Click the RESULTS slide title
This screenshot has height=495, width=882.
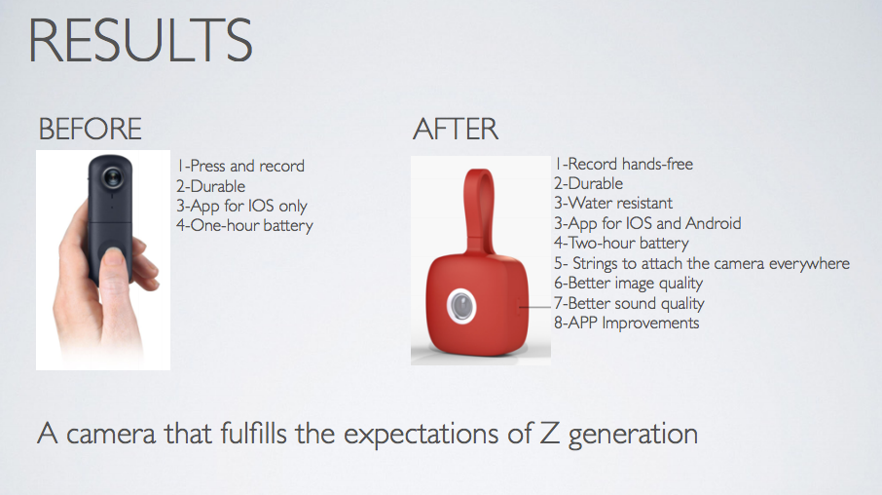pyautogui.click(x=140, y=41)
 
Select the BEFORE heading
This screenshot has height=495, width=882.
pyautogui.click(x=90, y=129)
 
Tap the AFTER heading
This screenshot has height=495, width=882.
pyautogui.click(x=456, y=129)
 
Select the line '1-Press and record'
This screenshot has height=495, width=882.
pyautogui.click(x=240, y=166)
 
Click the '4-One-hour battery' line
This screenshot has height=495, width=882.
pyautogui.click(x=244, y=226)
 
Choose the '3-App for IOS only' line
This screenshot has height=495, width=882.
pyautogui.click(x=242, y=206)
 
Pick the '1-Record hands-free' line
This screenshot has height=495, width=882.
pyautogui.click(x=624, y=164)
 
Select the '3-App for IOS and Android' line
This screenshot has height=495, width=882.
pyautogui.click(x=647, y=223)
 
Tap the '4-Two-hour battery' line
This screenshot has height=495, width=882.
pyautogui.click(x=621, y=243)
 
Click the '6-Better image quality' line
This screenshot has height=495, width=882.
pyautogui.click(x=629, y=283)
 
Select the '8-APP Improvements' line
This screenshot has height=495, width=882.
pyautogui.click(x=626, y=323)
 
